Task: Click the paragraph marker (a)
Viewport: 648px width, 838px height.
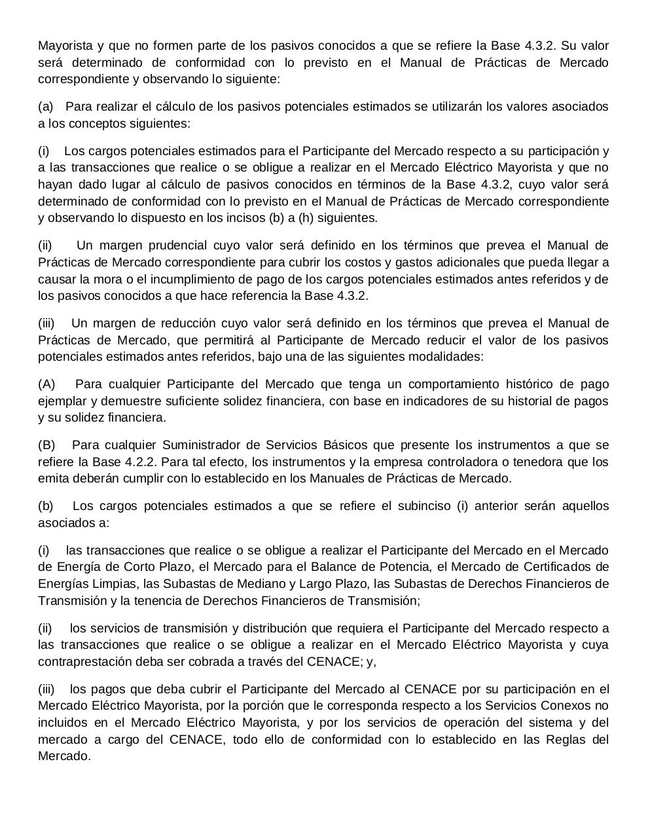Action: tap(46, 107)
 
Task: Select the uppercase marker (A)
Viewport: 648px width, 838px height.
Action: tap(47, 384)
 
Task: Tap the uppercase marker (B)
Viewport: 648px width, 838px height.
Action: tap(47, 445)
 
